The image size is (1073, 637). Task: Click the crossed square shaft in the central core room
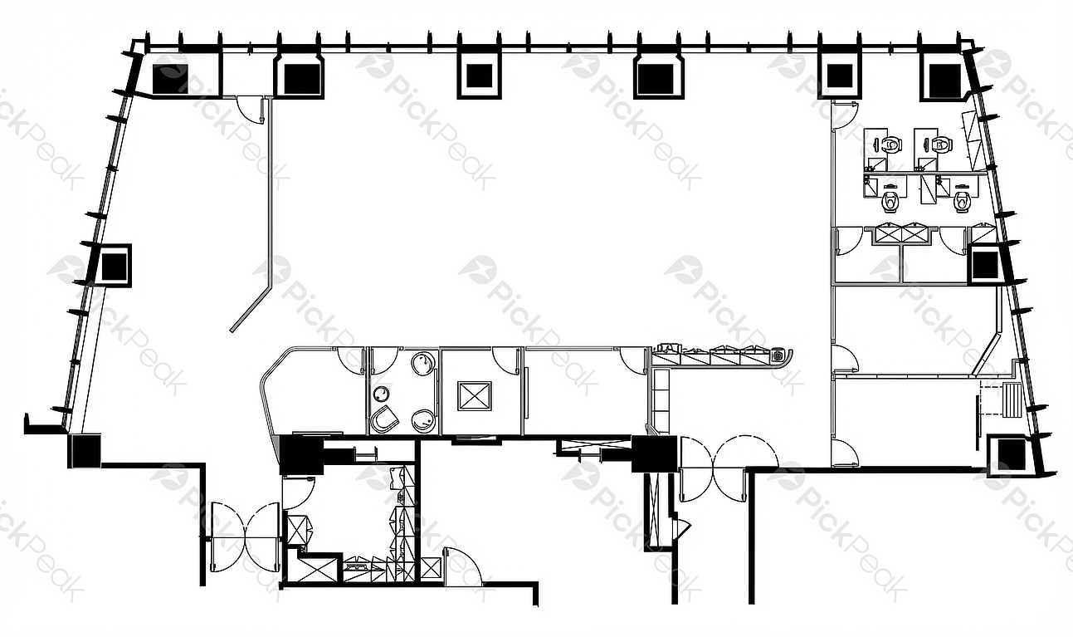pos(474,396)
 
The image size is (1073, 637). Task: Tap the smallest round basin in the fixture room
pos(381,394)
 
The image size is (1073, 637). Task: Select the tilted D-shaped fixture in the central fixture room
pos(385,419)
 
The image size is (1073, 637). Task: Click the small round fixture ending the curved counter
pos(778,355)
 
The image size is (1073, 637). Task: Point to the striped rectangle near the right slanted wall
pos(1012,400)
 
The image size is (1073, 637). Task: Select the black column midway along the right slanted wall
pos(985,265)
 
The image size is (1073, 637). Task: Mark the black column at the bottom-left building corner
pos(85,450)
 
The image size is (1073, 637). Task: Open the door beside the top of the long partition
pos(250,110)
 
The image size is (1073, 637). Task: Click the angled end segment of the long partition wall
pos(251,309)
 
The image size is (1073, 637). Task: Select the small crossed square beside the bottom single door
pos(430,568)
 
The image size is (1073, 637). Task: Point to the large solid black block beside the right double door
pos(654,454)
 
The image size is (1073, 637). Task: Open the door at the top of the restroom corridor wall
pos(845,115)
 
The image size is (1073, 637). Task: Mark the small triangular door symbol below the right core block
pos(681,528)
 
